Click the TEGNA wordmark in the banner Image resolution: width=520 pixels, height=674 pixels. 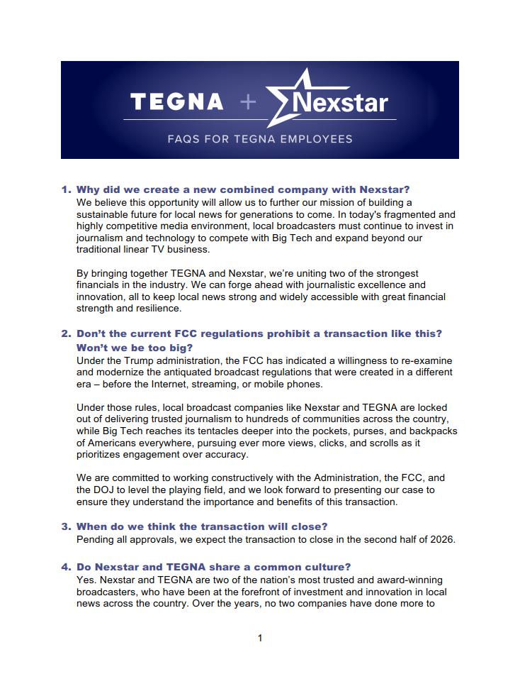[177, 101]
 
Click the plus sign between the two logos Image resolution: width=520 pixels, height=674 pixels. [248, 102]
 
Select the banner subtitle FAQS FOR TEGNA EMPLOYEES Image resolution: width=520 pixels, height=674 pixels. [259, 139]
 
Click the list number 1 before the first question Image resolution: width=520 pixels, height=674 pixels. [66, 189]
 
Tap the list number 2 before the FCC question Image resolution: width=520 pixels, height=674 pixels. [66, 333]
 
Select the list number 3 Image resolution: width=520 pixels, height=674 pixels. [66, 526]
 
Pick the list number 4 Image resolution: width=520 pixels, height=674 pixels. [66, 567]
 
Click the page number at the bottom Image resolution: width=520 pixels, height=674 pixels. [260, 638]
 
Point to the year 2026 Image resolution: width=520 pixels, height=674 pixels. [440, 539]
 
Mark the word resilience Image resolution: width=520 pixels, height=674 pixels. [160, 309]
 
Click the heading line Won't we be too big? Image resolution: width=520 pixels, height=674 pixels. [135, 348]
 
